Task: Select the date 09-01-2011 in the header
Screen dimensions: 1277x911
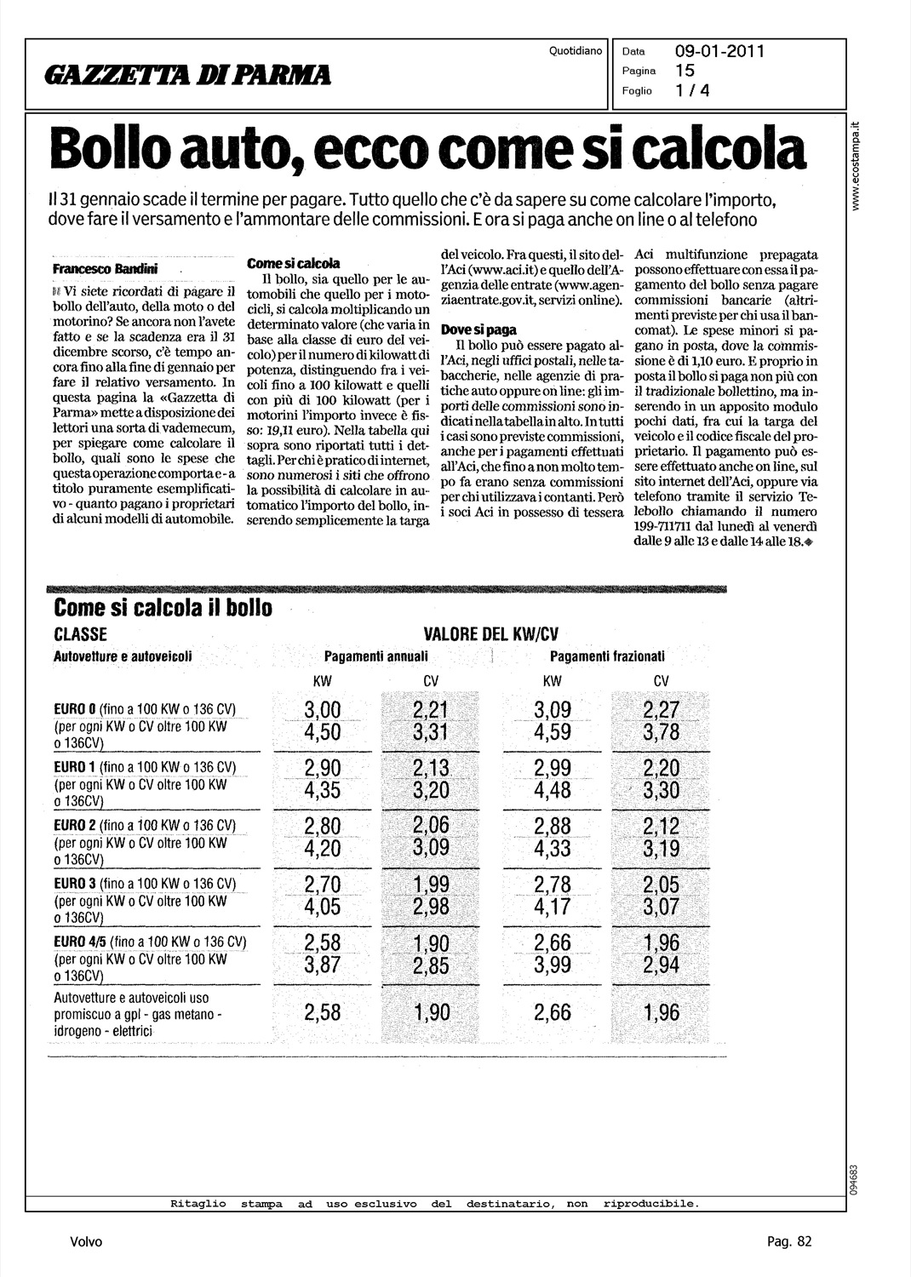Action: [x=719, y=51]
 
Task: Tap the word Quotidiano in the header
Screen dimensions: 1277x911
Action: [x=576, y=51]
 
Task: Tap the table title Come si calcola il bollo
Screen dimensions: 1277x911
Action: [x=163, y=608]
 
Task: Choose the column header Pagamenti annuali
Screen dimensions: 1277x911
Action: [x=375, y=656]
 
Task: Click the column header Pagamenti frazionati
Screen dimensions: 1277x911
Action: [x=607, y=656]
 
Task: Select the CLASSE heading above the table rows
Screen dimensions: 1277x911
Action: [x=80, y=634]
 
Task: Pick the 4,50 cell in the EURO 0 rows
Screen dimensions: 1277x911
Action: [x=322, y=732]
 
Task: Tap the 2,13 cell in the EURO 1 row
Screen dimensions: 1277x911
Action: [x=431, y=769]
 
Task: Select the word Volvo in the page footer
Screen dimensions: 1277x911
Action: [x=86, y=1241]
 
